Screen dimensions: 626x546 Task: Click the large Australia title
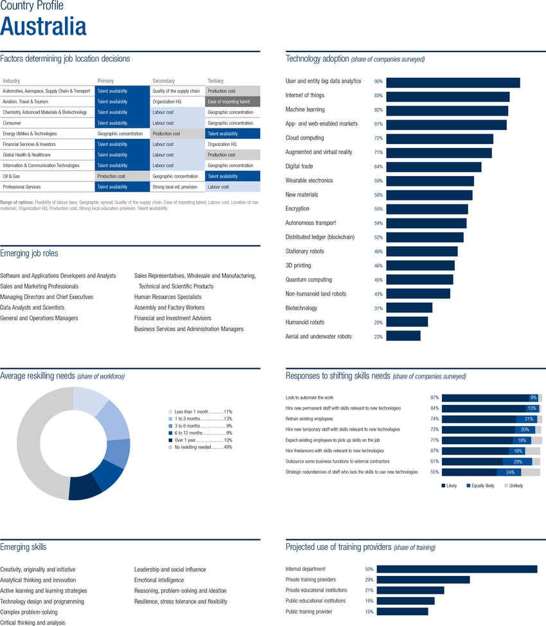pos(43,27)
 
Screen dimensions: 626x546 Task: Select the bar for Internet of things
pos(448,96)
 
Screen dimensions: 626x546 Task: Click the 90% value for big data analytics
pos(378,82)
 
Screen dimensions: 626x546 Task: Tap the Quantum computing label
pos(308,280)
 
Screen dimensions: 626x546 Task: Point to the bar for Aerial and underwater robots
pos(403,336)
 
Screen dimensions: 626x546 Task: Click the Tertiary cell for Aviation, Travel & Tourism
pos(233,102)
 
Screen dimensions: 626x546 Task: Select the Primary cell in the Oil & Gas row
pos(121,176)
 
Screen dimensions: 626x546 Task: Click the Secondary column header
pos(164,81)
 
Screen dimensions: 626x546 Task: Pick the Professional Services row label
pos(22,187)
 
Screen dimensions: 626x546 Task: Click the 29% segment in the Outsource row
pos(517,461)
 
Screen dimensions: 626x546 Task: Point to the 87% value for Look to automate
pos(434,398)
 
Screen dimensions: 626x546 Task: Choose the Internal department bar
pos(456,569)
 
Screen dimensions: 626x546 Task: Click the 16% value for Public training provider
pos(369,612)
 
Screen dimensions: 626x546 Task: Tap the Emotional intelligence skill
pos(159,580)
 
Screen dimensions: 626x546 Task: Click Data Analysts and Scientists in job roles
pos(32,308)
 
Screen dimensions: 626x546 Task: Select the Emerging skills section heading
pos(23,547)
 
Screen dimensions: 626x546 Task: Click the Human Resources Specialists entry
pos(168,297)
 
